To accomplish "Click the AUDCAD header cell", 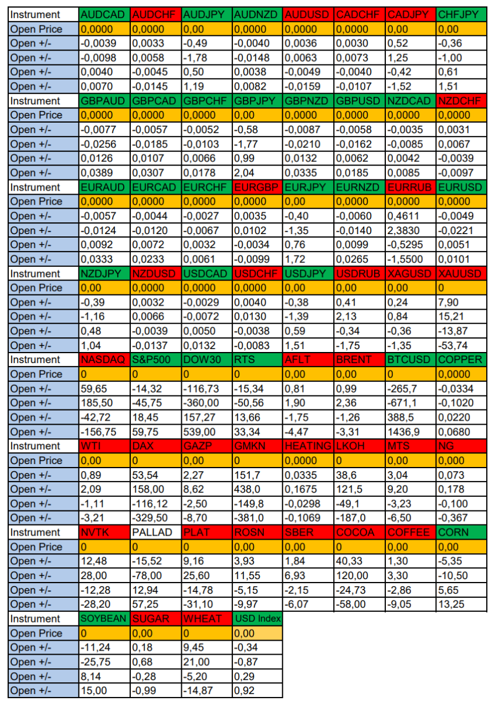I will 104,15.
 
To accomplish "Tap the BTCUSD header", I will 409,360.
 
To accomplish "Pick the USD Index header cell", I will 257,618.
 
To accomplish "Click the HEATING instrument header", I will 307,446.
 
